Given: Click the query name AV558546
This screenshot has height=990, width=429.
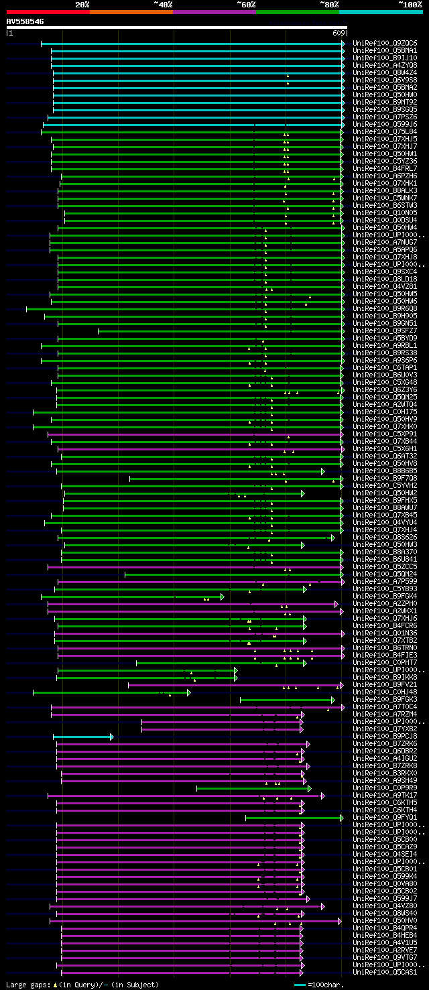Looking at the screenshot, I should (x=25, y=21).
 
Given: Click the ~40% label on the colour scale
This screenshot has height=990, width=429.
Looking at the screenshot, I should (x=163, y=4).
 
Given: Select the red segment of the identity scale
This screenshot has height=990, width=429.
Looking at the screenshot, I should (x=48, y=12).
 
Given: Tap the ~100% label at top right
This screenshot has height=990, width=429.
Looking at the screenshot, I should (x=410, y=4).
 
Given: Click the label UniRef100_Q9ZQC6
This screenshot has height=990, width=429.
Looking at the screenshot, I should (x=384, y=43).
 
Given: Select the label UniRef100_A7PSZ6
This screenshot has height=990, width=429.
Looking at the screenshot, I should (x=384, y=117).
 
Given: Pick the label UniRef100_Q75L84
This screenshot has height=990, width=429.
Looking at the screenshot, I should (x=384, y=131).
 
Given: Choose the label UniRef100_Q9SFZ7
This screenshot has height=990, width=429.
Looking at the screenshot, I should (x=384, y=330).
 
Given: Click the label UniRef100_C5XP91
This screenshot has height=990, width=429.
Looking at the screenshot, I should (x=384, y=434).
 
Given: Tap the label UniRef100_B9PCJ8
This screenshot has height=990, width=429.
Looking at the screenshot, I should (x=384, y=736).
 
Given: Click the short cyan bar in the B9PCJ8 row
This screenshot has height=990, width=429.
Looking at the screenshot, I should (x=82, y=737).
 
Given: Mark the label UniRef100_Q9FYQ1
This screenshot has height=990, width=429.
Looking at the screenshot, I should (x=384, y=817).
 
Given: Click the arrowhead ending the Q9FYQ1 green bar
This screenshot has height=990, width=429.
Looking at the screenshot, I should (x=342, y=818).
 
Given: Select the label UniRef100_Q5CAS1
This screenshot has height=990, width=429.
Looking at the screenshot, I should (x=384, y=972).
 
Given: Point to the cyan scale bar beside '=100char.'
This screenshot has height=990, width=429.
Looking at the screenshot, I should (x=300, y=985).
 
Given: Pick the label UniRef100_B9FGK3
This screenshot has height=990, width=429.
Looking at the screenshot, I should (x=384, y=699).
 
